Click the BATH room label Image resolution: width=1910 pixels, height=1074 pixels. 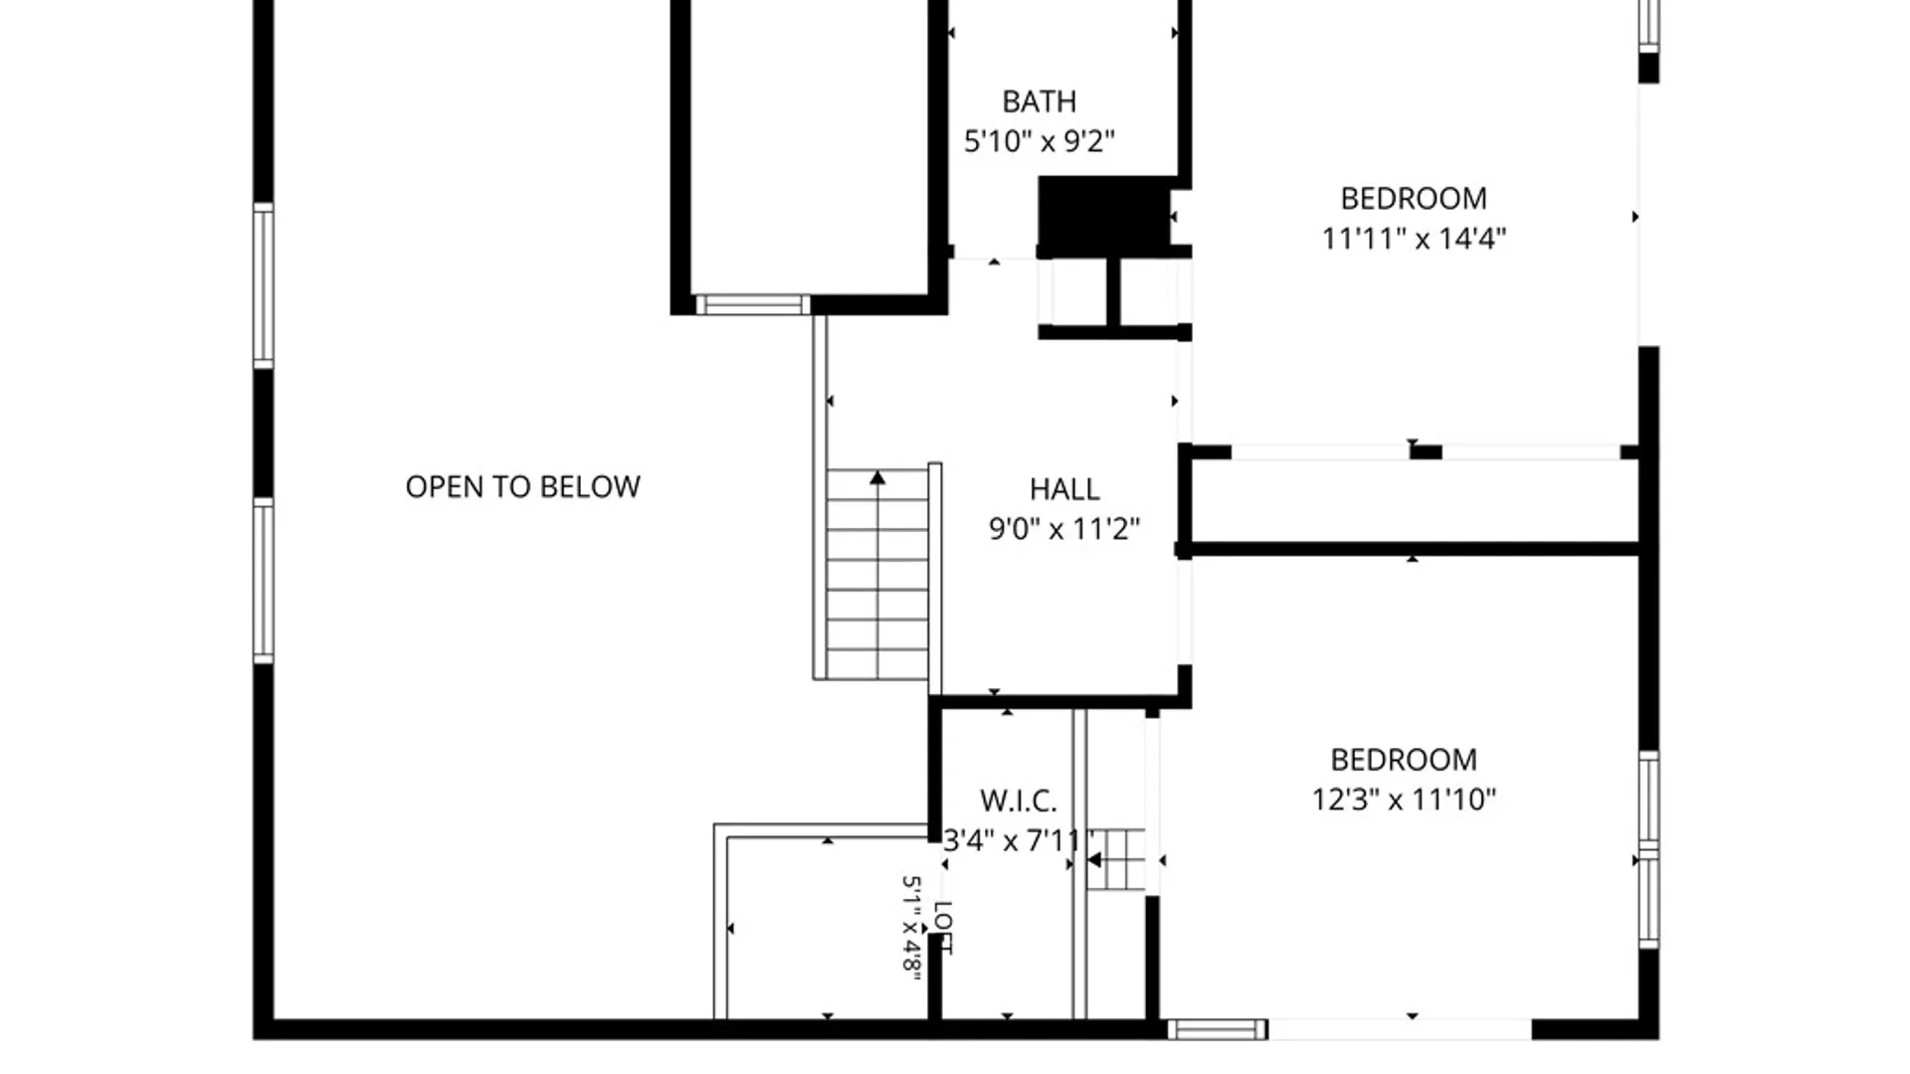tap(1039, 101)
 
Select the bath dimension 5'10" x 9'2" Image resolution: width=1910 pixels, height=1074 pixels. tap(1039, 141)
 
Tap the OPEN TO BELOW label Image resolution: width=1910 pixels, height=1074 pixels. tap(523, 486)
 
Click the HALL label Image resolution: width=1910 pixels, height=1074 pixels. tap(1064, 489)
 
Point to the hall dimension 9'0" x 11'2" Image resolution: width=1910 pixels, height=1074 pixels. tap(1064, 528)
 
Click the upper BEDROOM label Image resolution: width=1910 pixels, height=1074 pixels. tap(1414, 199)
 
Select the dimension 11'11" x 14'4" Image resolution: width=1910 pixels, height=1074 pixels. tap(1414, 239)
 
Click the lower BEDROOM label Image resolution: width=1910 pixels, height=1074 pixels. tap(1404, 760)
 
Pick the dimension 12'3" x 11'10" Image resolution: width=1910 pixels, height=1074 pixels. tap(1404, 799)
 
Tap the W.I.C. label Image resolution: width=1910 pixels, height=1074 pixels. tap(1019, 801)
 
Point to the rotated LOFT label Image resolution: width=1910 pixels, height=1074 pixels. tap(943, 928)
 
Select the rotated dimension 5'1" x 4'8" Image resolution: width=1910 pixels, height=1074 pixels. tap(910, 926)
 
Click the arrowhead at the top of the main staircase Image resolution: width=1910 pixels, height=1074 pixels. tap(877, 478)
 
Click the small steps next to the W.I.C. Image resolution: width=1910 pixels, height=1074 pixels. tap(1115, 859)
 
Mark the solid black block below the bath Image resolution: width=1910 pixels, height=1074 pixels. tap(1104, 213)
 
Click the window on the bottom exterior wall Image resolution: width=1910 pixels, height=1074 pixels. tap(1217, 1029)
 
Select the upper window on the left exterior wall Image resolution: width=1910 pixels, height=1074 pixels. tap(264, 285)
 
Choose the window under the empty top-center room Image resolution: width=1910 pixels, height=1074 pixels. tap(753, 304)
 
